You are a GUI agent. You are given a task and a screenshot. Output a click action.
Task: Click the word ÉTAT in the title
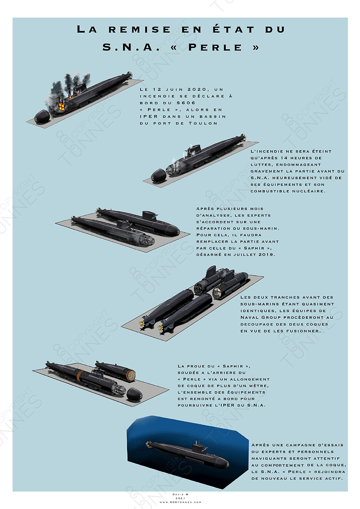[233, 29]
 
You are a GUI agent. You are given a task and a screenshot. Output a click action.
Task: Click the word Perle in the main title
[215, 47]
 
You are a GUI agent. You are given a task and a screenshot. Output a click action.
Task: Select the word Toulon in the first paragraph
[203, 123]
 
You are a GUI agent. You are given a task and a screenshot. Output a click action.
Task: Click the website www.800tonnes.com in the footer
[180, 502]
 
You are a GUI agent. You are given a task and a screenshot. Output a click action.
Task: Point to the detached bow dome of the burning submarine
[42, 117]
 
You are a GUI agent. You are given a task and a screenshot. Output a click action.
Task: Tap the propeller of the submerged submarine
[148, 443]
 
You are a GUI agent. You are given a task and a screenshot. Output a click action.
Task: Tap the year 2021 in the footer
[180, 498]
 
